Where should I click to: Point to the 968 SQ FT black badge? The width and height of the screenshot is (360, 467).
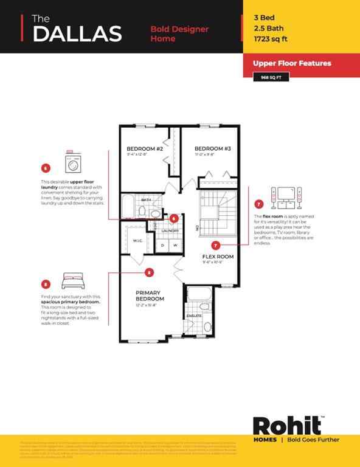coord(270,77)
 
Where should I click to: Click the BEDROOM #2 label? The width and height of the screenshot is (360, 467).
coord(144,148)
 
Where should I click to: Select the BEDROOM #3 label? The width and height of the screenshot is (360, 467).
coord(212,148)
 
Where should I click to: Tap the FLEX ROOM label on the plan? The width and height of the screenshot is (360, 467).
coord(218,257)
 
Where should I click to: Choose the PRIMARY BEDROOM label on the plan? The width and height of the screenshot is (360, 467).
coord(150,296)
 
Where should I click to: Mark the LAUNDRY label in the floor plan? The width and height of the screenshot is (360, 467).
coord(170,230)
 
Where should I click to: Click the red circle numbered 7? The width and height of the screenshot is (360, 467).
coord(259,205)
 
